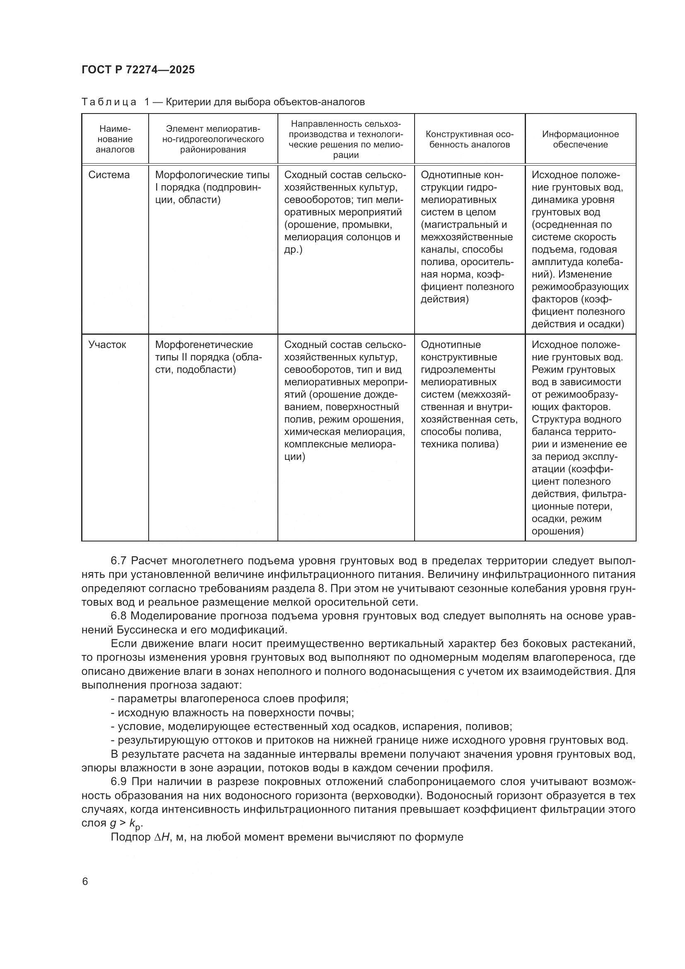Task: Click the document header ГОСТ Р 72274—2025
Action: point(138,70)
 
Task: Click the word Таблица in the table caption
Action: point(109,102)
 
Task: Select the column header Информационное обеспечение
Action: point(580,139)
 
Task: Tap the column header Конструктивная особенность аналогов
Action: point(470,139)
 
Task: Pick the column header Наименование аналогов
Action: point(115,139)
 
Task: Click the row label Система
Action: point(109,175)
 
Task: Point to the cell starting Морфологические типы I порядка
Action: point(212,187)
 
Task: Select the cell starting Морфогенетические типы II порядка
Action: point(208,357)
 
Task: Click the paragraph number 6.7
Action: point(118,561)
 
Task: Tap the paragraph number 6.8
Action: point(118,616)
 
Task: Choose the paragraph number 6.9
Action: point(118,782)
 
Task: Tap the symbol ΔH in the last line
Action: point(162,837)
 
